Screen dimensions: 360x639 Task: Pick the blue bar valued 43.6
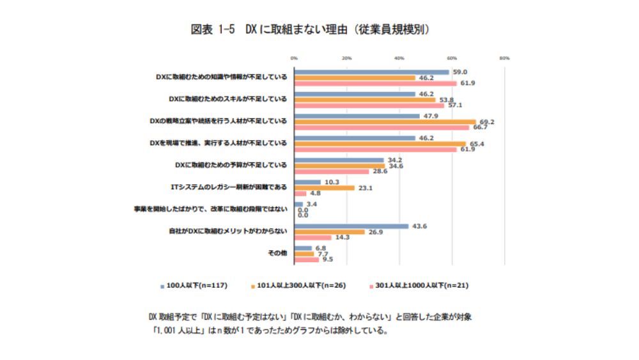click(x=351, y=226)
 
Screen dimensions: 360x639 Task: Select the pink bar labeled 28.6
click(x=332, y=171)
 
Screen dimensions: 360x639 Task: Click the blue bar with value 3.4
click(x=298, y=204)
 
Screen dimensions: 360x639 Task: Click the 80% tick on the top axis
click(x=504, y=58)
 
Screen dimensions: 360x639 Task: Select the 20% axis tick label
click(x=347, y=58)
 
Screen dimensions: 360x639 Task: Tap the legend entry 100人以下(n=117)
click(x=196, y=285)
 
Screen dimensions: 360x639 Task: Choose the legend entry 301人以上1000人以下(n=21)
click(x=419, y=285)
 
